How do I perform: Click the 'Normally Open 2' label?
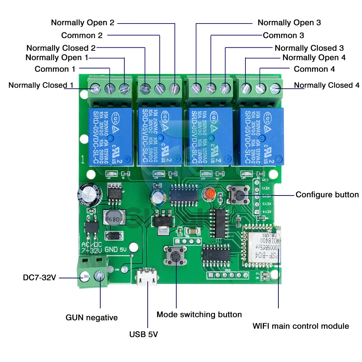83,22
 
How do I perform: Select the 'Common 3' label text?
283,35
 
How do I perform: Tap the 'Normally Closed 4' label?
327,85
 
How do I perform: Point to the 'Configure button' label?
327,195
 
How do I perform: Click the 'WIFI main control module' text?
300,326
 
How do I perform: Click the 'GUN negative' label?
92,318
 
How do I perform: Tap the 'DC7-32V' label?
39,278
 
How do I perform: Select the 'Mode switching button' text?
199,315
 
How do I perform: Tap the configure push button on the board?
238,195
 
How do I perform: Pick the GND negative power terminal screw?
98,276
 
